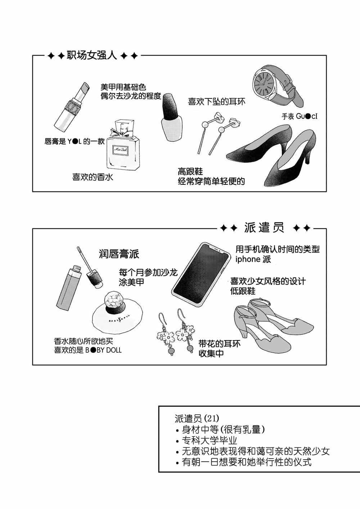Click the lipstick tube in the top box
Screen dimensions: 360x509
click(72, 107)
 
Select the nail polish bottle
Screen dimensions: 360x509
click(171, 117)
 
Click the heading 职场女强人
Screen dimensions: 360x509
click(92, 55)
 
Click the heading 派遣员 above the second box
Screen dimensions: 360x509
click(264, 228)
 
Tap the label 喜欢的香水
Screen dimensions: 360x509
click(93, 177)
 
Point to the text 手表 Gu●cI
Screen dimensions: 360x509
click(300, 117)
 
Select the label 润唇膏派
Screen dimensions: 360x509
click(119, 254)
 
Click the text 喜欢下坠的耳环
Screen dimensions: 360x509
click(217, 102)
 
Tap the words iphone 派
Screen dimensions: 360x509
click(253, 259)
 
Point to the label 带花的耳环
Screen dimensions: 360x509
click(220, 344)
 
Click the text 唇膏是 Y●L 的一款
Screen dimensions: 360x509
click(75, 142)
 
